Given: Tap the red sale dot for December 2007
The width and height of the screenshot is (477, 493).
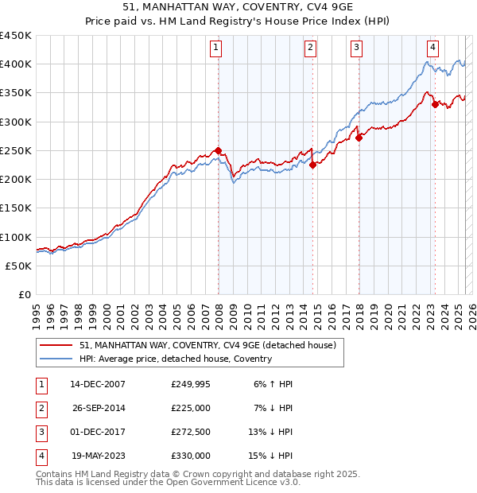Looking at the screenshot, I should coord(219,151).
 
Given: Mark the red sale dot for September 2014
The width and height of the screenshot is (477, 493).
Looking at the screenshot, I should coord(313,165).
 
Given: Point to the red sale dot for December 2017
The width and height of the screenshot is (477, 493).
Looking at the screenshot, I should coord(359,138).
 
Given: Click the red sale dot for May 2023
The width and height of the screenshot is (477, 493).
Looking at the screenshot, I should coord(435,104).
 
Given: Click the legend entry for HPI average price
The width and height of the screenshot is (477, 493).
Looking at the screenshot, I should coord(176,359).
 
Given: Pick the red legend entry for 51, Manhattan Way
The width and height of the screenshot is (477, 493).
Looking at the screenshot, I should coord(208,345).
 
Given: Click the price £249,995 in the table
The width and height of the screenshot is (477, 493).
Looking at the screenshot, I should coord(191,384).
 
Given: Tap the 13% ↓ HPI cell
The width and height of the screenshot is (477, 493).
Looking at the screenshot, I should coord(270,432).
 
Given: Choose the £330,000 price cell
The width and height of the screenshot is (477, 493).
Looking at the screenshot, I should coord(191,456).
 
